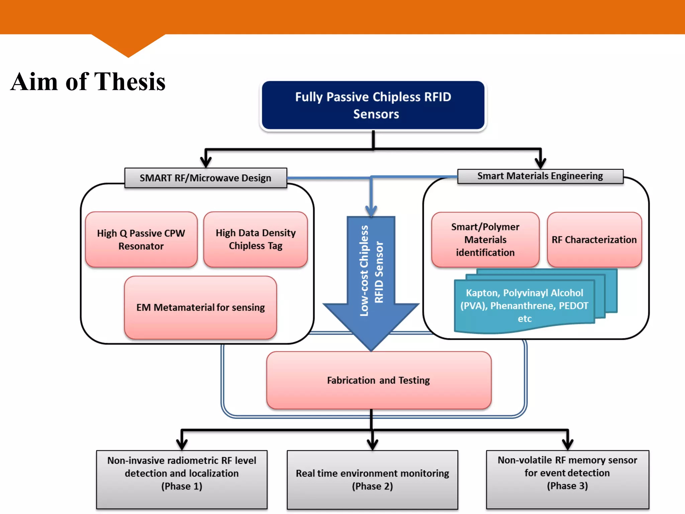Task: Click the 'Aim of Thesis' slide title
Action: pyautogui.click(x=88, y=82)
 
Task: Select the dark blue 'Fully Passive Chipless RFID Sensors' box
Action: pyautogui.click(x=373, y=105)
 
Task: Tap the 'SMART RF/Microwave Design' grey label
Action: pyautogui.click(x=205, y=178)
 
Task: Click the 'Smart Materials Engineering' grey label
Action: pyautogui.click(x=540, y=176)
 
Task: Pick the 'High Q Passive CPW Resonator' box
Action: pyautogui.click(x=141, y=239)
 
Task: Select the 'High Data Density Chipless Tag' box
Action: pyautogui.click(x=256, y=239)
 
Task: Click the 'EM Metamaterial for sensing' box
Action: pyautogui.click(x=200, y=307)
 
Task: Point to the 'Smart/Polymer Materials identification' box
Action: pyautogui.click(x=485, y=240)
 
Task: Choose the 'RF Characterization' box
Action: pyautogui.click(x=594, y=240)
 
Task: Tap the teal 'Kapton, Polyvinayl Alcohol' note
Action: pyautogui.click(x=524, y=306)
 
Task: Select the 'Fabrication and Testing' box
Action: pyautogui.click(x=378, y=380)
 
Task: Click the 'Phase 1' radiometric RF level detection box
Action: pyautogui.click(x=182, y=479)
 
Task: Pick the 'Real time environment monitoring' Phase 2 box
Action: pyautogui.click(x=372, y=479)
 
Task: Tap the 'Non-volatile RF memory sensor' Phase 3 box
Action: pyautogui.click(x=567, y=479)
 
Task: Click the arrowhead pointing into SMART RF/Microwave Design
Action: pyautogui.click(x=206, y=162)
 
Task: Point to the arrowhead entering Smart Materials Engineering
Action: pyautogui.click(x=540, y=163)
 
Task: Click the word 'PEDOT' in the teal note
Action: pyautogui.click(x=573, y=306)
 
